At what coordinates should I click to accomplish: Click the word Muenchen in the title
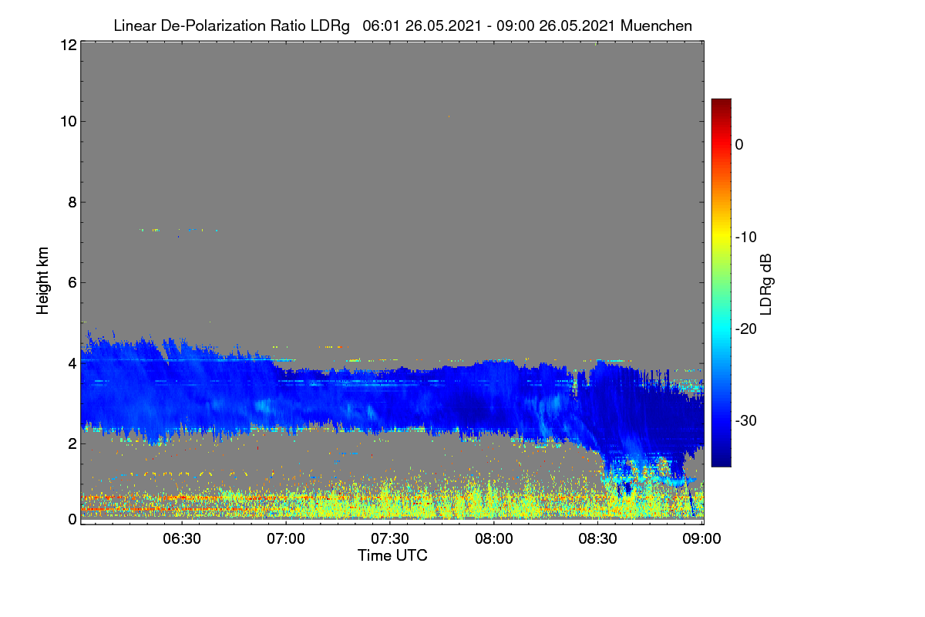(x=656, y=26)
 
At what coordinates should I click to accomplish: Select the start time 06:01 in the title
(x=381, y=26)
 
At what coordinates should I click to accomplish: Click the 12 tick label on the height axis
(x=69, y=45)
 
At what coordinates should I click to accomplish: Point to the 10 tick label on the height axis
(x=69, y=122)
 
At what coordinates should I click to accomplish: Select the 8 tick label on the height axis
(x=73, y=202)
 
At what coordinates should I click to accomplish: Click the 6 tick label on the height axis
(x=73, y=283)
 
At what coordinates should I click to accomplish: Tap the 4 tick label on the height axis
(x=73, y=364)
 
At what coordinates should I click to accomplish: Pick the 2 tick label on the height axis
(x=73, y=443)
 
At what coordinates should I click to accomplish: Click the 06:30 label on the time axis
(x=182, y=539)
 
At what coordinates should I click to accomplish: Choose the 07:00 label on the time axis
(x=286, y=539)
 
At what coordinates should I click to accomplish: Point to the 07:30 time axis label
(x=390, y=539)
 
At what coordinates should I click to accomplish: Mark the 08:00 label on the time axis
(x=494, y=539)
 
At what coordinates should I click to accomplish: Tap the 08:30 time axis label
(x=597, y=539)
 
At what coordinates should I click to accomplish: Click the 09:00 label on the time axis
(x=701, y=539)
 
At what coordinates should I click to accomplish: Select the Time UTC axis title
(x=392, y=555)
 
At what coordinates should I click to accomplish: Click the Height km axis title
(x=42, y=281)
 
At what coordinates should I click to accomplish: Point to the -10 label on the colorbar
(x=746, y=238)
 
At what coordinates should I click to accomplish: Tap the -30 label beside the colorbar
(x=746, y=420)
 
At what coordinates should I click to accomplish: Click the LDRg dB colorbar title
(x=766, y=285)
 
